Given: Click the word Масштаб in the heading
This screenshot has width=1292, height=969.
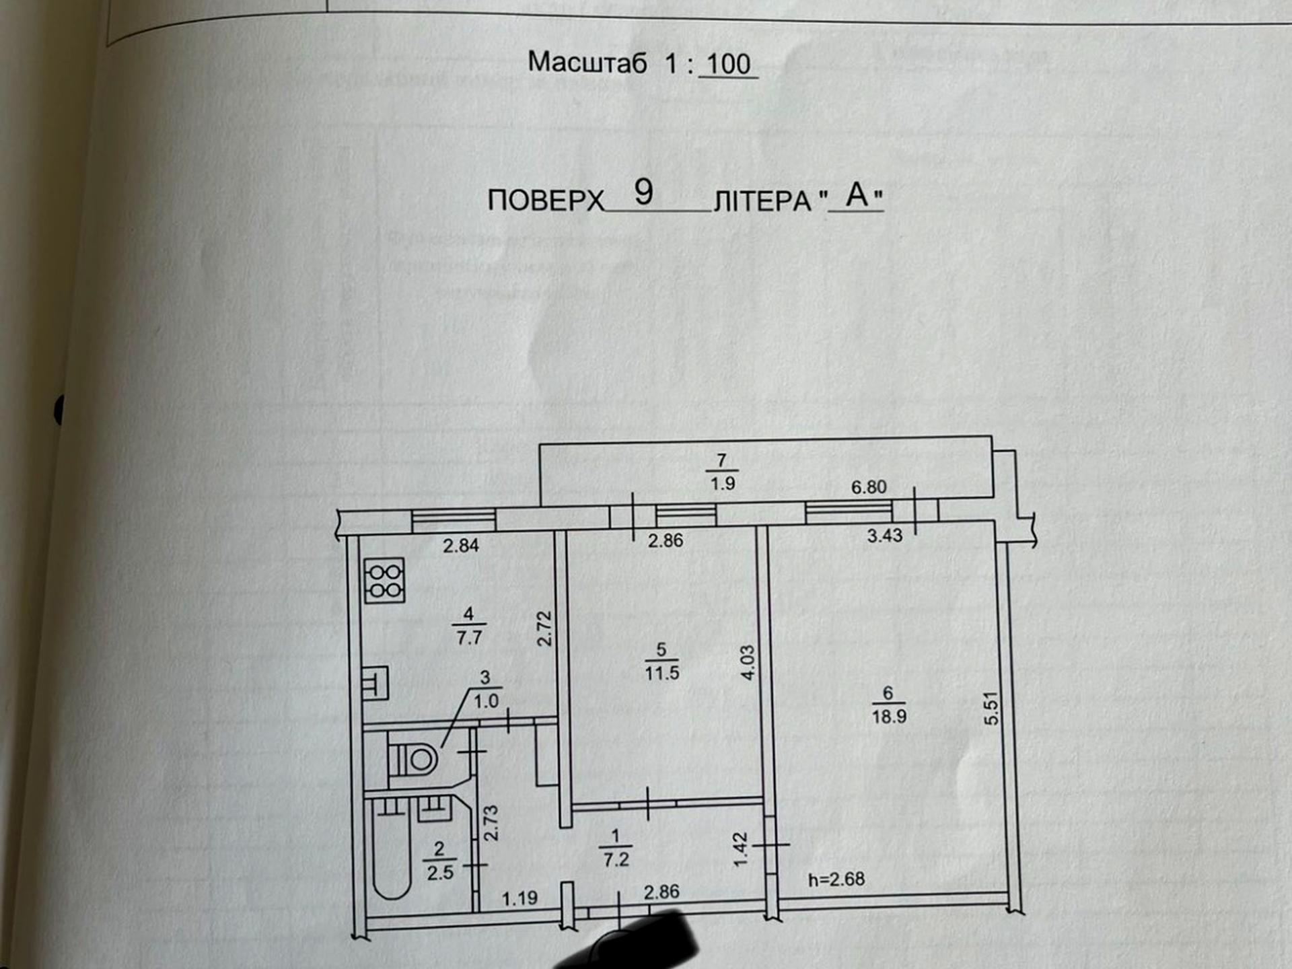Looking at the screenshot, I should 587,63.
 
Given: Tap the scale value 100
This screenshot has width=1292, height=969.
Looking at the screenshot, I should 728,65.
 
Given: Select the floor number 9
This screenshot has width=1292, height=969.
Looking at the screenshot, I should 643,192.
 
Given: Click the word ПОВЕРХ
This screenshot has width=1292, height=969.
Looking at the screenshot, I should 546,201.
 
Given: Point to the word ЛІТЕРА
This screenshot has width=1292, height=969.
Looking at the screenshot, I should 762,201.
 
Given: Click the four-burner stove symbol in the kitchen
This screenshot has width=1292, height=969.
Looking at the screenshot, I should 384,580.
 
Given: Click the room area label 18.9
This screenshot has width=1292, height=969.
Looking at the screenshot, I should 889,717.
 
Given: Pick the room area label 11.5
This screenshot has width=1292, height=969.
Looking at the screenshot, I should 662,673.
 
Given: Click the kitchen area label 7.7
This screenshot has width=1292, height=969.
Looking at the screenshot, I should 469,637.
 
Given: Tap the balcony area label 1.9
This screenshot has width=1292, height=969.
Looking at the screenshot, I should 722,483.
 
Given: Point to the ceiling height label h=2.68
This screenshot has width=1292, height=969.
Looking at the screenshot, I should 836,880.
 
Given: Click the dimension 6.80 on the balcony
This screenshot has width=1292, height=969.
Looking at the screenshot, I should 869,487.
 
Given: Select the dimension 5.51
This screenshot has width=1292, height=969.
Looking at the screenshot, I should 991,709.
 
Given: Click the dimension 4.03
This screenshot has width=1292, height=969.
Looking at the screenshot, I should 748,662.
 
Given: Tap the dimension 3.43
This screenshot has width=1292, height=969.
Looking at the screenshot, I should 884,536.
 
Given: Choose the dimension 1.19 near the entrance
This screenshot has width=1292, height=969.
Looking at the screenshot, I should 519,898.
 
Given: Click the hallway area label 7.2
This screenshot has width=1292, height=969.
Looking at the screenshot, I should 616,860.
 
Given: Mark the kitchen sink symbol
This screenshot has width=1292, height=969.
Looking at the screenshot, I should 375,683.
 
